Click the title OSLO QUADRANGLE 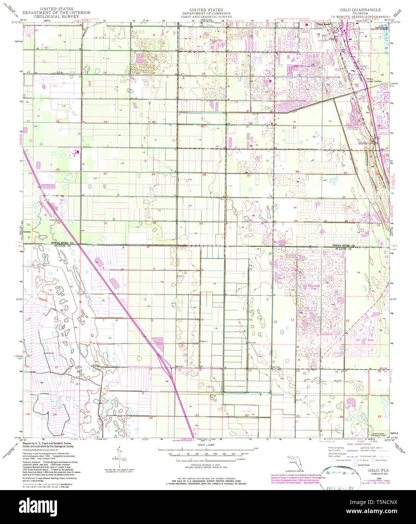(x=361, y=10)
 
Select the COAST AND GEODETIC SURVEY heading (x=206, y=17)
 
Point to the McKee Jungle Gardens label (x=374, y=80)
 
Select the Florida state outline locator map (x=295, y=462)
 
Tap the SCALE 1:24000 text (x=206, y=445)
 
